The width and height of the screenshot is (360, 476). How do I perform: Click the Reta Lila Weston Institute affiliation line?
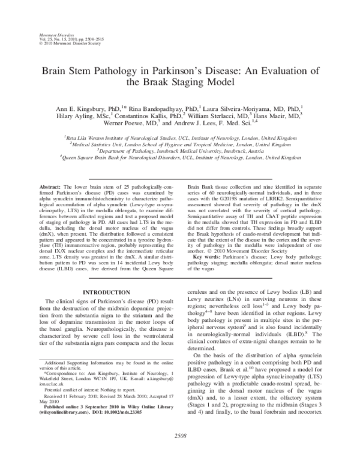click(x=181, y=137)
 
